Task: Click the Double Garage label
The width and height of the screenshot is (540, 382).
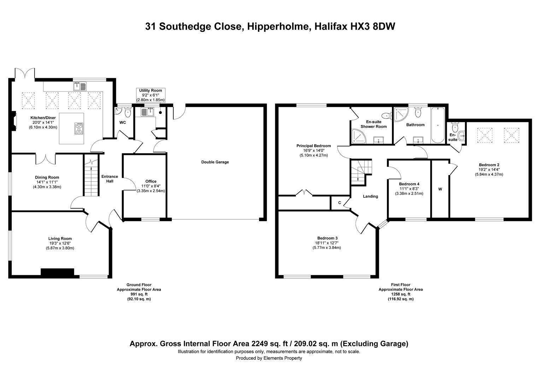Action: (x=215, y=162)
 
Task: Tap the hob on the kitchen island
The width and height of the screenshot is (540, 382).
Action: (x=79, y=128)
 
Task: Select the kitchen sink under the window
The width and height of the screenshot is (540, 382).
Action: (x=80, y=86)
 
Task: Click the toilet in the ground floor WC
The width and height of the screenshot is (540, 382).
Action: (x=128, y=112)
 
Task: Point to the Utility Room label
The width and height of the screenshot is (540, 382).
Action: (x=151, y=91)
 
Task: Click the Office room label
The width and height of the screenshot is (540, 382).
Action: (x=151, y=181)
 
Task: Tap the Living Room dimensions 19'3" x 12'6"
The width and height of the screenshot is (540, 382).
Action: (x=60, y=243)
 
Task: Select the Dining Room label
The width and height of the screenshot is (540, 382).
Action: (x=47, y=177)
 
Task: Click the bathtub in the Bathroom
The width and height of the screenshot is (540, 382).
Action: (x=438, y=125)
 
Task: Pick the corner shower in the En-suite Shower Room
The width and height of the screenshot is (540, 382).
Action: (x=359, y=137)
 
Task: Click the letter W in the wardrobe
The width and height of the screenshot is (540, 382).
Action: (x=440, y=189)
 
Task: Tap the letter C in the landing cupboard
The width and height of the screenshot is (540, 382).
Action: (x=340, y=203)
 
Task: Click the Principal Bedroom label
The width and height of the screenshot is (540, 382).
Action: (x=313, y=146)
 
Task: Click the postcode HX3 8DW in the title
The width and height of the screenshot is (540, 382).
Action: (x=371, y=26)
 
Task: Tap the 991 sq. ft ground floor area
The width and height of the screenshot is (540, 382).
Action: (x=139, y=294)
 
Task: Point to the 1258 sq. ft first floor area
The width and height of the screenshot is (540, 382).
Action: (x=401, y=294)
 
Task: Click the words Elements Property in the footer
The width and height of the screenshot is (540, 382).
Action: (x=282, y=358)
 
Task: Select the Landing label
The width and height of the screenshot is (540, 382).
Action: (x=370, y=196)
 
